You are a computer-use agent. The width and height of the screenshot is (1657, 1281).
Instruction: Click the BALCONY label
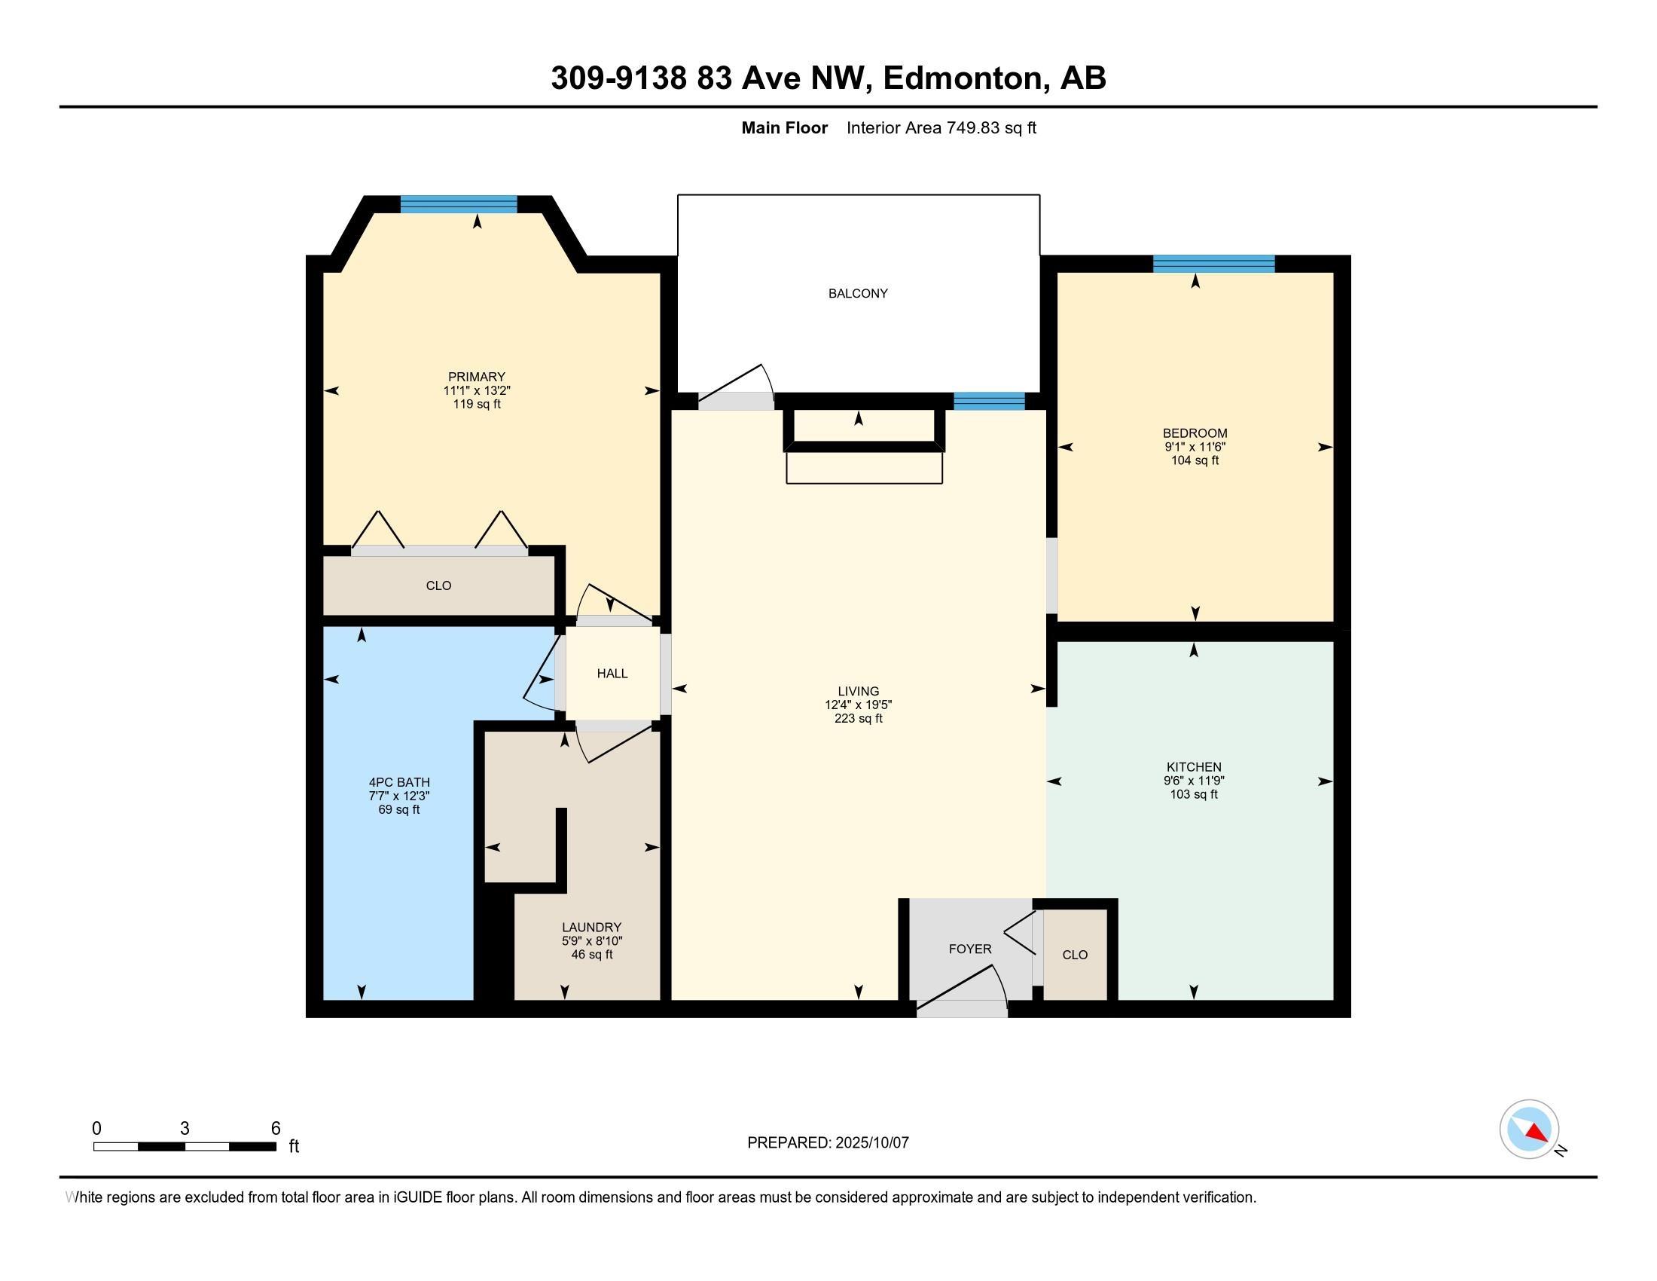pos(857,294)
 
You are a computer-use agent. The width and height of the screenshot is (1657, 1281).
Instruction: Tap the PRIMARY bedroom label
pos(477,378)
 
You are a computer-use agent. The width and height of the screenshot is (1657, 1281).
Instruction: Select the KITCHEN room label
pos(1194,767)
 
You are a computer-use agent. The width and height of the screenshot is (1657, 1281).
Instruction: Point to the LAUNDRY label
pos(592,928)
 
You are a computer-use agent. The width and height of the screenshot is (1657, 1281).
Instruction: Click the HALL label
pos(612,674)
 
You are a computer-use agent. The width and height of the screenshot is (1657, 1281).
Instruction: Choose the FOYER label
pos(969,949)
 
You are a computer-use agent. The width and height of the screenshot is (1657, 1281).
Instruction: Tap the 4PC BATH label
pos(399,782)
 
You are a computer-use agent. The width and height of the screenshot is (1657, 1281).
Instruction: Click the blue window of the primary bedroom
pos(458,204)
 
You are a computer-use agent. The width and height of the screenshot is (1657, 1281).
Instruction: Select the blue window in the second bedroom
pos(1214,263)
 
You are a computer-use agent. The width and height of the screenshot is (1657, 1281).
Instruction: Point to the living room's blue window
pos(989,402)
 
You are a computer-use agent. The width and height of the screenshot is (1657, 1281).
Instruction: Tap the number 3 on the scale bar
pos(185,1129)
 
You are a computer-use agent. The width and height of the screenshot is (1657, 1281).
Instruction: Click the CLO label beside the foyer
pos(1075,955)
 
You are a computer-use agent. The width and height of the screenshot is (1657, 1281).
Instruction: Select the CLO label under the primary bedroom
pos(438,585)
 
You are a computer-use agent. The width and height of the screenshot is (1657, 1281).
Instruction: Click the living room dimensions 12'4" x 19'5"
pos(858,705)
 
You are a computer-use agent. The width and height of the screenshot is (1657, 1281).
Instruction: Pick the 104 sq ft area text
pos(1195,460)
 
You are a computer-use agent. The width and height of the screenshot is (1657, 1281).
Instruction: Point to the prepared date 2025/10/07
pos(871,1143)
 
